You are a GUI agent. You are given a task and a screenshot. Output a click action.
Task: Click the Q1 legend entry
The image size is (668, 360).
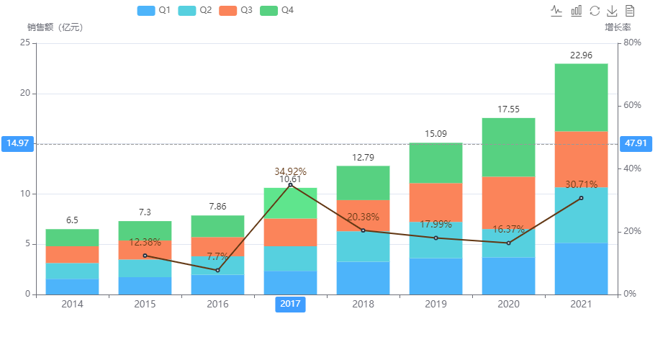[x=153, y=10]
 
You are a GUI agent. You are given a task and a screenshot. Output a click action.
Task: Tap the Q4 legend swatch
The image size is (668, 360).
[x=269, y=10]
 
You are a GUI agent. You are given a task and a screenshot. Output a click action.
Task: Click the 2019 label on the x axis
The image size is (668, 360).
[x=435, y=305]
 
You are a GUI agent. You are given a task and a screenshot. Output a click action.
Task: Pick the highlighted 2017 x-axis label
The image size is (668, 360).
[x=290, y=305]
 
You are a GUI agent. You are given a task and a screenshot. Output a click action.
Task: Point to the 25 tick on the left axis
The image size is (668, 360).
[x=26, y=42]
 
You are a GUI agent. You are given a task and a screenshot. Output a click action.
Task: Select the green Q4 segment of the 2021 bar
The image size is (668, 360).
[x=581, y=97]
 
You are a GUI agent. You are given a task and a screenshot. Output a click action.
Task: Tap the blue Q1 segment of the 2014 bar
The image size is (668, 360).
[x=72, y=287]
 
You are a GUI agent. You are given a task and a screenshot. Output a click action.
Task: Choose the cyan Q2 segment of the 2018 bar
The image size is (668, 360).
[x=363, y=246]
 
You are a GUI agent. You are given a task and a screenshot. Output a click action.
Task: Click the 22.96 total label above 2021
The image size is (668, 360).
[x=581, y=55]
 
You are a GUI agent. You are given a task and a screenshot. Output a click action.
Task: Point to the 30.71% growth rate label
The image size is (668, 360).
[x=581, y=185]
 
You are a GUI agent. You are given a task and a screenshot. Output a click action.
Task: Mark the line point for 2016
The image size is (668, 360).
[x=217, y=270]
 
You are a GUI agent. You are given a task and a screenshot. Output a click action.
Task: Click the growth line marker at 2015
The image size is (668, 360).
[x=145, y=256]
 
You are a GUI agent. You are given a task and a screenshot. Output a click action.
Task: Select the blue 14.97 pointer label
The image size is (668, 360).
[x=17, y=143]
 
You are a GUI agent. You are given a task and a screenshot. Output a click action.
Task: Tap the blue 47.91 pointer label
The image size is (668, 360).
[x=636, y=143]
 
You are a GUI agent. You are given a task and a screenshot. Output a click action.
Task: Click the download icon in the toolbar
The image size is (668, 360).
[x=612, y=10]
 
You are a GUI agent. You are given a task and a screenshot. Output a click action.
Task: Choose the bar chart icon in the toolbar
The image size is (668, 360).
[x=576, y=10]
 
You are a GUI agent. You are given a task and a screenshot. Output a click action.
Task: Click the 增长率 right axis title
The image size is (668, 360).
[x=618, y=27]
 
